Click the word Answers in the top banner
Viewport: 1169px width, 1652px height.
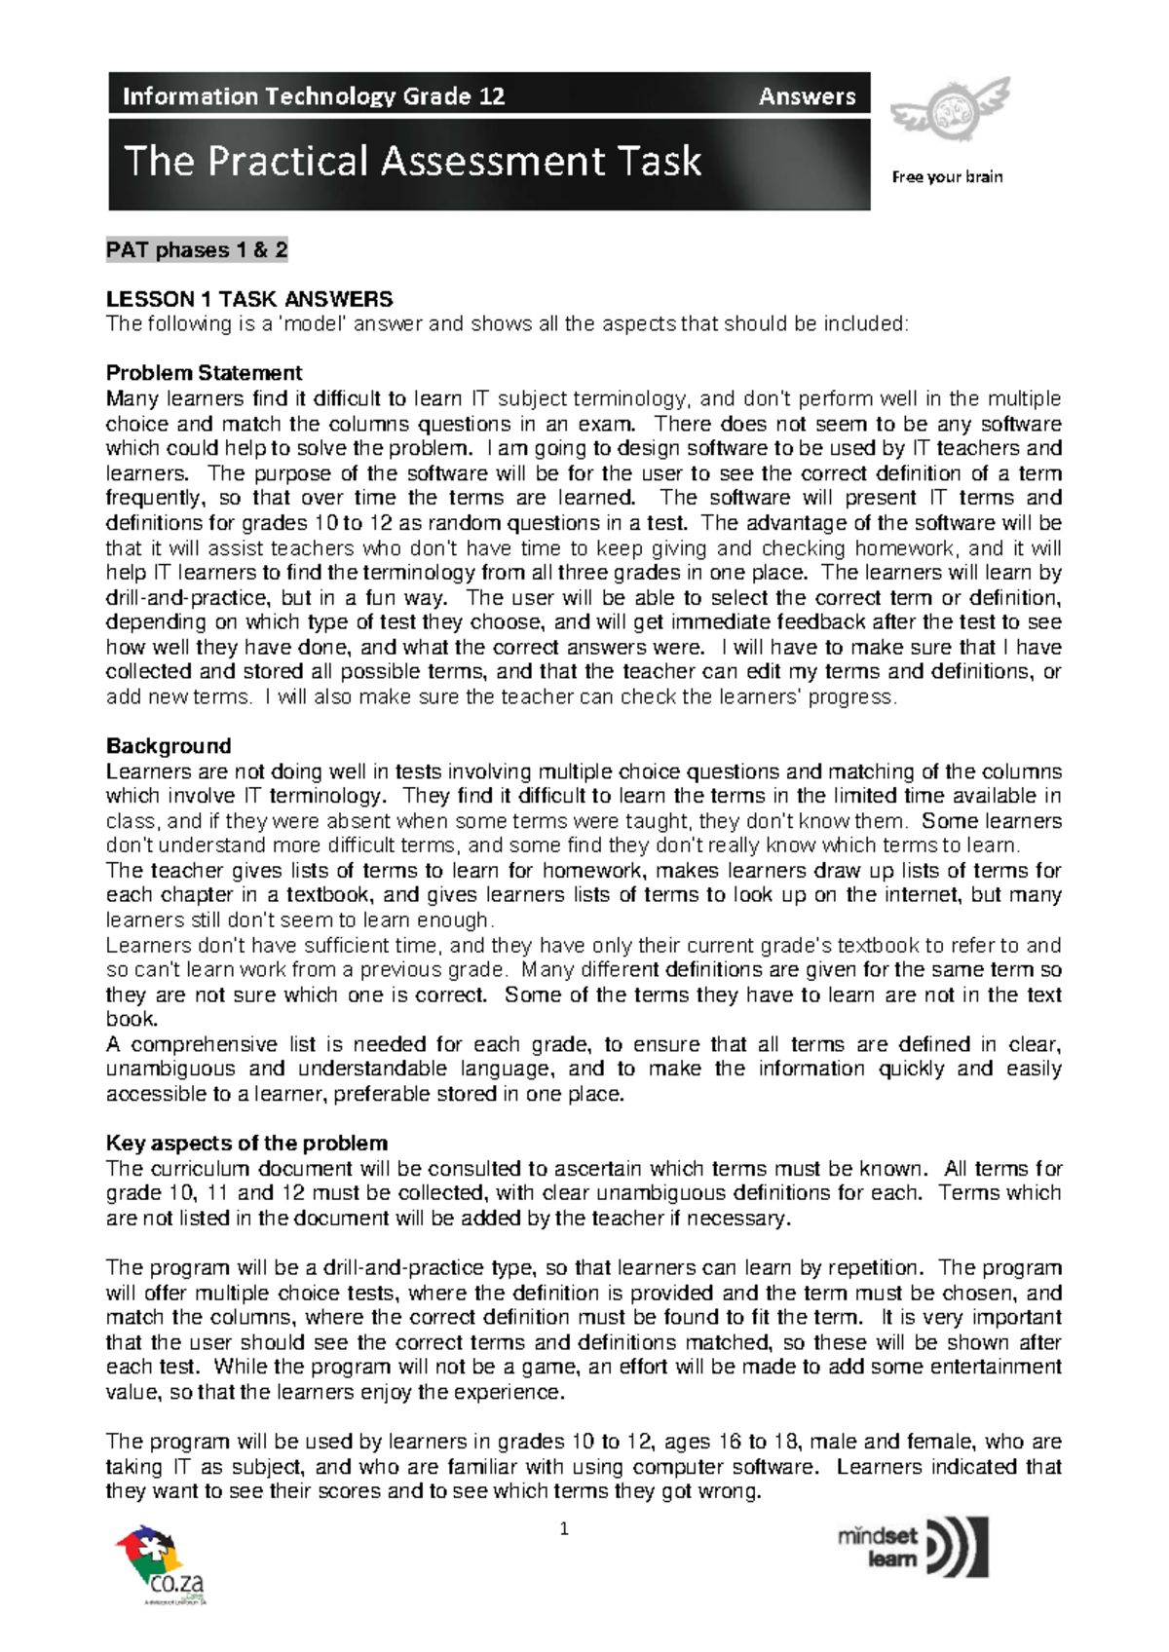[x=807, y=96]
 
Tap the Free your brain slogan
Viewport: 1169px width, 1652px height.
[x=947, y=177]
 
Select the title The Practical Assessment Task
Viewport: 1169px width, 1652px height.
[x=413, y=162]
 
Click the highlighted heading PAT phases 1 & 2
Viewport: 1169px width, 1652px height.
[x=197, y=250]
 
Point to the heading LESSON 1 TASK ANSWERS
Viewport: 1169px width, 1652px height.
[x=249, y=299]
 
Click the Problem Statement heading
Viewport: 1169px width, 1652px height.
[x=204, y=373]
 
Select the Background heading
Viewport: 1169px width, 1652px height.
[x=169, y=746]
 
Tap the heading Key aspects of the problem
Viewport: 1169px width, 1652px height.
[x=246, y=1144]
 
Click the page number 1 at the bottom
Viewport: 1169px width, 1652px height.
[x=564, y=1530]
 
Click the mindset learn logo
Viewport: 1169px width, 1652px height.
[x=913, y=1547]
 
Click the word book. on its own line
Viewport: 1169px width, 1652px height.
[x=132, y=1019]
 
